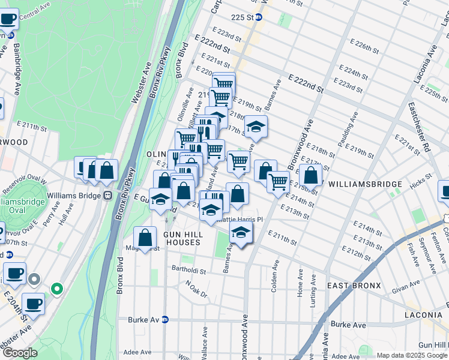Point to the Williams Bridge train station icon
(x=108, y=195)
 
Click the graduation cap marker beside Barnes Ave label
(x=256, y=126)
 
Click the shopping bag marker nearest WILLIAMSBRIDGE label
(x=311, y=175)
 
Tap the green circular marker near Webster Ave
(x=57, y=289)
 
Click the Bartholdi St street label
(x=188, y=270)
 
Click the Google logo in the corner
(x=20, y=353)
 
